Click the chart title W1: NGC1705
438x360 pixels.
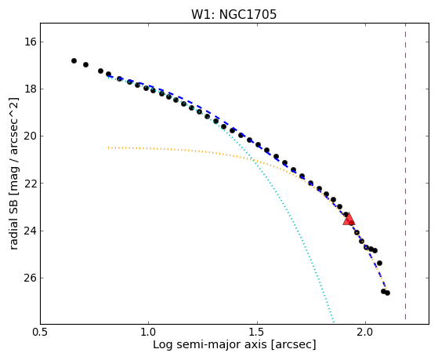pyautogui.click(x=233, y=15)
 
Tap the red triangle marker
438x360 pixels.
pyautogui.click(x=349, y=220)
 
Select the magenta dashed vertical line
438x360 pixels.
pyautogui.click(x=405, y=171)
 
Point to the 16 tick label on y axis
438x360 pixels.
pyautogui.click(x=31, y=42)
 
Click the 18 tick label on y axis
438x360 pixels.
pyautogui.click(x=31, y=89)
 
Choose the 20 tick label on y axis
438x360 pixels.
pyautogui.click(x=31, y=136)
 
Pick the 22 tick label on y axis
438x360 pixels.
pyautogui.click(x=31, y=184)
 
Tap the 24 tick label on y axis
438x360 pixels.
pyautogui.click(x=31, y=231)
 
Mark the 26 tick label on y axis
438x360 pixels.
pyautogui.click(x=31, y=278)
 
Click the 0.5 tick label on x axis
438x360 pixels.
pyautogui.click(x=41, y=333)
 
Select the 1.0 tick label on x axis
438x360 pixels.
pyautogui.click(x=149, y=333)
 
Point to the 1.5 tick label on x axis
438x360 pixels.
pyautogui.click(x=257, y=333)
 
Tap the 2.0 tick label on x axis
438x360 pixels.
pyautogui.click(x=365, y=333)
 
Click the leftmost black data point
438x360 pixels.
pyautogui.click(x=74, y=60)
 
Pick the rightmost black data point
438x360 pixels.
pyautogui.click(x=387, y=293)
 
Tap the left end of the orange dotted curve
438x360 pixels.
pyautogui.click(x=109, y=147)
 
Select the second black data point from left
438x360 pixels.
pyautogui.click(x=85, y=64)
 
